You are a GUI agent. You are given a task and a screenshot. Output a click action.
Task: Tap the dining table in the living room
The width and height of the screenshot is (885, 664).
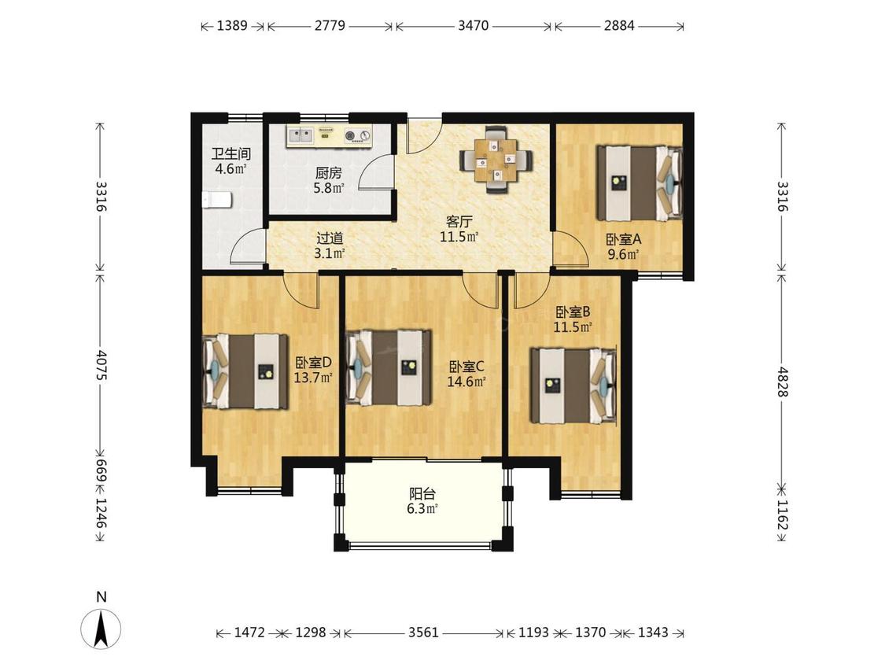(x=496, y=160)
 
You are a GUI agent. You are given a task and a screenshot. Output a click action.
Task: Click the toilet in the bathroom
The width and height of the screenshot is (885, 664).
(x=218, y=199)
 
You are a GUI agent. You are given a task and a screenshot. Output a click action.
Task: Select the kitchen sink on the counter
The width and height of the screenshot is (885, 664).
(x=300, y=135)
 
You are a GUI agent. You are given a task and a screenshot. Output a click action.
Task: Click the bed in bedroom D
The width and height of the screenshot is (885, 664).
(x=245, y=371)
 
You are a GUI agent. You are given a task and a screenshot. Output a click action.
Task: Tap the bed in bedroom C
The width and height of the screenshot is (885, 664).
(x=389, y=367)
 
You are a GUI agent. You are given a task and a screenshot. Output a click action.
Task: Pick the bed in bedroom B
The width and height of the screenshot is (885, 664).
(x=573, y=385)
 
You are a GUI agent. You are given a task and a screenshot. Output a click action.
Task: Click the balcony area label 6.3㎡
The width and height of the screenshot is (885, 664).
(x=422, y=509)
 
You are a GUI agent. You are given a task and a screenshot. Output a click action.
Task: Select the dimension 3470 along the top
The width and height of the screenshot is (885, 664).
(x=473, y=25)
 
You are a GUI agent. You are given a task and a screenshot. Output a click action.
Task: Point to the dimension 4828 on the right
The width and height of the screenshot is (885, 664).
(x=782, y=382)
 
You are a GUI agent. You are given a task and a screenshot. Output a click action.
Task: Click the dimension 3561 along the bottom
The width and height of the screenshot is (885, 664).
(x=423, y=633)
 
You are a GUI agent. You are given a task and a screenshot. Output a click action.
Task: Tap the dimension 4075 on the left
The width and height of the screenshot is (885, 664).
(x=101, y=365)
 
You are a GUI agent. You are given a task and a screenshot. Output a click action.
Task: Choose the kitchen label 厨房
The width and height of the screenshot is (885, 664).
(x=329, y=173)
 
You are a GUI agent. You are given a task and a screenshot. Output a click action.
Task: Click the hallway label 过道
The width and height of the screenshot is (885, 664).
(x=330, y=239)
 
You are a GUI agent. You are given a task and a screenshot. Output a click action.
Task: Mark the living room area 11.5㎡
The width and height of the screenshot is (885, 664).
(x=459, y=237)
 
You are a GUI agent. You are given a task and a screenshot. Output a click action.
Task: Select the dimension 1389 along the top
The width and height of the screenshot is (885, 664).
(x=232, y=25)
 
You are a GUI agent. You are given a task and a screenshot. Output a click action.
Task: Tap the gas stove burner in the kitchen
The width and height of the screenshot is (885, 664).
(x=350, y=135)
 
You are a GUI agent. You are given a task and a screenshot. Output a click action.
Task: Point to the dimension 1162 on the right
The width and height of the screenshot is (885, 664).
(x=782, y=515)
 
